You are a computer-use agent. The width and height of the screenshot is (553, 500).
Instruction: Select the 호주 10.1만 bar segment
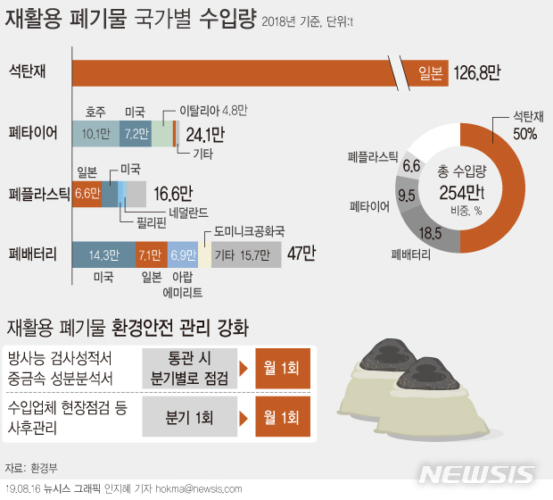point(95,134)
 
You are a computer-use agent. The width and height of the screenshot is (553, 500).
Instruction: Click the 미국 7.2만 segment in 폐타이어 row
point(136,134)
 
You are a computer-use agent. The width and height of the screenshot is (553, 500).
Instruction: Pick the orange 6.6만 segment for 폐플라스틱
point(87,194)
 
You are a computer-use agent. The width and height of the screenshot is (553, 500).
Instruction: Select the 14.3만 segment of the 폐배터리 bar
point(103,254)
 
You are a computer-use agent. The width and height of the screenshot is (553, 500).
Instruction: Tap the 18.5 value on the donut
point(431,233)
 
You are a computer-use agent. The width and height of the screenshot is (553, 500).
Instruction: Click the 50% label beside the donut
point(524,135)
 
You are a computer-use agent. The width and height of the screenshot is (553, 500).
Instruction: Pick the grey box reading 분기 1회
point(190,417)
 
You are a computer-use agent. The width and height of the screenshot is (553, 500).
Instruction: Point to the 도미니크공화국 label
point(249,230)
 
